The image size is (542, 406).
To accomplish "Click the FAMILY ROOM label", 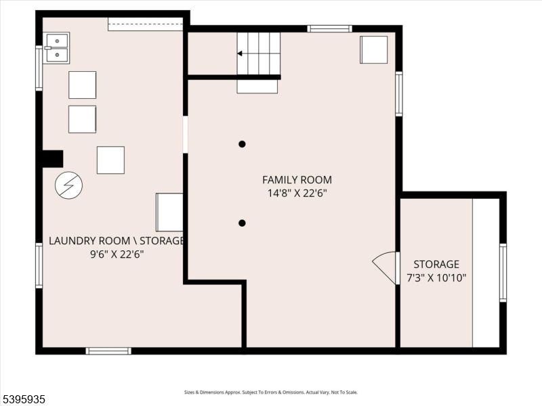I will point(297,180).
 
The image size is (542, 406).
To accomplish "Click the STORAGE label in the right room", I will point(436,265).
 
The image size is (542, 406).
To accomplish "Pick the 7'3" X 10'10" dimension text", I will point(436,277).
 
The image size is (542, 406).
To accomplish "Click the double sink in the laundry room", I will point(56,48).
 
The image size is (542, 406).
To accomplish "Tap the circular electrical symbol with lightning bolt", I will point(68,185).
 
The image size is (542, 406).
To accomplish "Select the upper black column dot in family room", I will point(242,143).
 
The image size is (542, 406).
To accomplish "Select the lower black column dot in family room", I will point(242,223).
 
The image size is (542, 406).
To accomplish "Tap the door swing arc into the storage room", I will point(385,267).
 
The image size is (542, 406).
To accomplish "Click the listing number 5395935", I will point(24,400).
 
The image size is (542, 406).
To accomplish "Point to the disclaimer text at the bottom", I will point(271,392).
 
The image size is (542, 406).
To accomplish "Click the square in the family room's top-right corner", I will point(374,49).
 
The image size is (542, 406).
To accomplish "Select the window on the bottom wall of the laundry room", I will point(108,351).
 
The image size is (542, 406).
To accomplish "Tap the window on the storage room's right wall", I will point(503,272).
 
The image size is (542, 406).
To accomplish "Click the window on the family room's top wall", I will point(329,28).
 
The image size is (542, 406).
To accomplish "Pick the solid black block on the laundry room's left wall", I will point(52,158).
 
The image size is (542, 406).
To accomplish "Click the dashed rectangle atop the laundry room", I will point(146,24).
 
